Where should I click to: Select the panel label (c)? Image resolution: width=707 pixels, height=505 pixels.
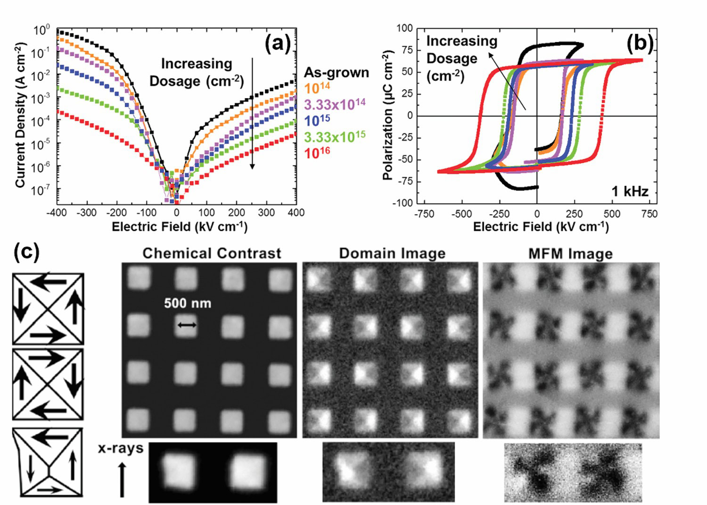pos(26,252)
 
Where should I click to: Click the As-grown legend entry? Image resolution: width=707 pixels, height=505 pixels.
pos(336,73)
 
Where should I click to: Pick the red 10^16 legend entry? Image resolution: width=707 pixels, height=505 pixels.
pos(317,153)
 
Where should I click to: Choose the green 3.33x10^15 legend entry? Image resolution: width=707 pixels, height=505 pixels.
pos(335,136)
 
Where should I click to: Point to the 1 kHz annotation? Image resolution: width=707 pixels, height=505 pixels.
pos(630,191)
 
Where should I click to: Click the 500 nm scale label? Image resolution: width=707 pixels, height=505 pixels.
pos(188,303)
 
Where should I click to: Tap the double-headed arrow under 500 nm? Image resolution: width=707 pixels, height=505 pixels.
pos(187,325)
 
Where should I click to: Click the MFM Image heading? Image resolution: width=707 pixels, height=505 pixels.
pos(570,254)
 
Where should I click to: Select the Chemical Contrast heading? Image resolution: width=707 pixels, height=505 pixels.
pos(212,253)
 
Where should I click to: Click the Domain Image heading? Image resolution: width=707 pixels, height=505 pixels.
pos(392,253)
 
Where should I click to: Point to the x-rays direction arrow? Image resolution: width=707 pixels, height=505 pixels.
pos(122,479)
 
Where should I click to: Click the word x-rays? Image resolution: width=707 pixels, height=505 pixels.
pos(121,448)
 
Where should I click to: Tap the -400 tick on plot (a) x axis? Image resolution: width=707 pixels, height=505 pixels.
pos(57,213)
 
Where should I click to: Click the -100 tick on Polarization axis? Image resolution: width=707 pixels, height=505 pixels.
pos(404,203)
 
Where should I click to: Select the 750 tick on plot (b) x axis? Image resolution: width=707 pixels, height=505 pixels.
pos(649,214)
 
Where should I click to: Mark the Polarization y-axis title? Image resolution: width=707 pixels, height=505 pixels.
pos(388,116)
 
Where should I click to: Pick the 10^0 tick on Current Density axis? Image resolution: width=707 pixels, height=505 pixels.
pos(41,31)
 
